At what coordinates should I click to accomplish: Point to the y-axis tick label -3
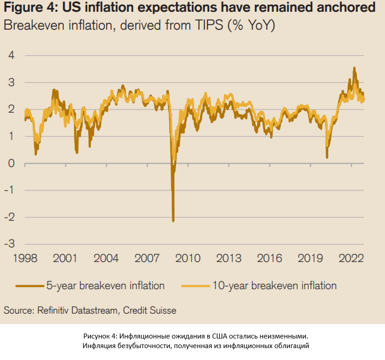10,244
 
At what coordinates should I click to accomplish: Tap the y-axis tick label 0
11,163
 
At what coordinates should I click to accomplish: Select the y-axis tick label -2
10,217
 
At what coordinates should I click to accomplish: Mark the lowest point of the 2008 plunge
173,221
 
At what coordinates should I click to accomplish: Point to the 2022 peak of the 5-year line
354,68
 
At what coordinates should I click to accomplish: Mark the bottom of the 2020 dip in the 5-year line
327,157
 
